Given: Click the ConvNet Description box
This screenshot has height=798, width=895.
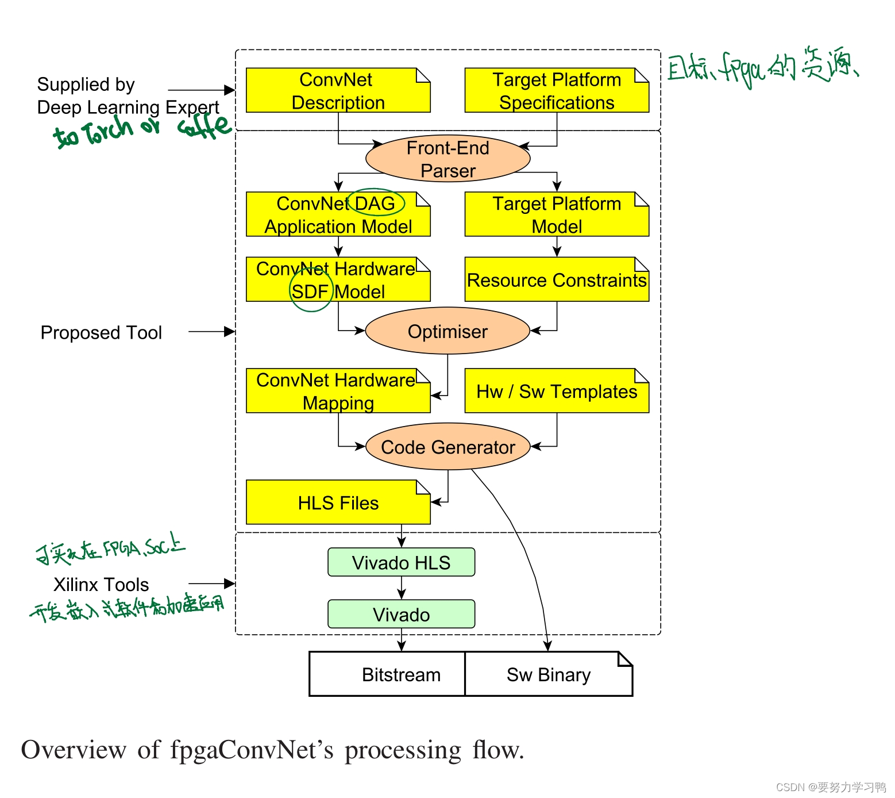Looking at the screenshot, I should [338, 90].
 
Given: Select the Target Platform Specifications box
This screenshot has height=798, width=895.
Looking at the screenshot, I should [556, 90].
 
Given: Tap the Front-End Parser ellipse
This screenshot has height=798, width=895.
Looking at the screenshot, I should [447, 159].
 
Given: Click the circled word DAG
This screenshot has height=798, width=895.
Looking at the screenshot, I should [375, 203].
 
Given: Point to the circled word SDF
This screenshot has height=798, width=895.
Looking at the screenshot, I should [310, 291].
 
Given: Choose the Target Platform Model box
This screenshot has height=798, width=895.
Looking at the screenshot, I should [556, 214].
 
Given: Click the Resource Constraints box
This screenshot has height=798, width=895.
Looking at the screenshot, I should [556, 280].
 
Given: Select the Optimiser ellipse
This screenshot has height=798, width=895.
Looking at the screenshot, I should [447, 331].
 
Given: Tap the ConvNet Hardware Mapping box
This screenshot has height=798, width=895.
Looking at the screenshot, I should [338, 391].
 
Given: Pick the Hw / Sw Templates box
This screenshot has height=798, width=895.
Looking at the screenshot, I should [556, 391].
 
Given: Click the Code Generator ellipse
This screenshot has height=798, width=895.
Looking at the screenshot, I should [447, 447].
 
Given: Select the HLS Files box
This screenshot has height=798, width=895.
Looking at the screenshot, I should [338, 502].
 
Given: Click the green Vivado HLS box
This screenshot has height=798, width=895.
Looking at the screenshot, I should [401, 562].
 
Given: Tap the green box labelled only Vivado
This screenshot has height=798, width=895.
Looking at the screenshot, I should [401, 614].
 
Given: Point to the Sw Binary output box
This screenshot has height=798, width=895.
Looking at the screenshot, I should [548, 674].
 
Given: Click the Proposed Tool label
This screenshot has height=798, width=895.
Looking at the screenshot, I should [101, 332].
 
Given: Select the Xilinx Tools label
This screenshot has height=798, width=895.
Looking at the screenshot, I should [101, 584].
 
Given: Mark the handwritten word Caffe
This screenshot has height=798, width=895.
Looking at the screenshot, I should [204, 126].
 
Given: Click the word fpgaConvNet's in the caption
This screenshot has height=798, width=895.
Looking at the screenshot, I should [252, 750].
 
